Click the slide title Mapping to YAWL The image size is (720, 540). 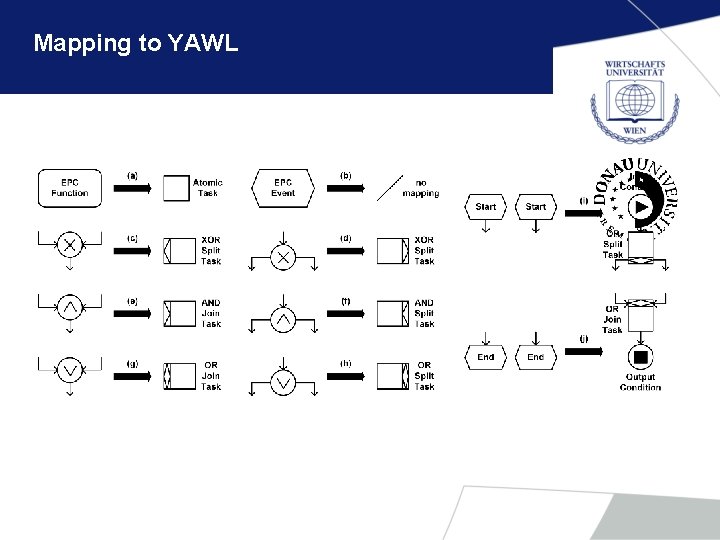pos(135,43)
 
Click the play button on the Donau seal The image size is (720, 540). pos(640,208)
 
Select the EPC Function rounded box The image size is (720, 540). pos(70,187)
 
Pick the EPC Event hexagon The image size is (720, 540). pos(283,187)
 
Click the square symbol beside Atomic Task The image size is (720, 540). pos(176,188)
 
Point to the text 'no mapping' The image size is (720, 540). pos(420,188)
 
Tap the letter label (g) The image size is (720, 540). pos(132,362)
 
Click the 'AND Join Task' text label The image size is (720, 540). pos(211,313)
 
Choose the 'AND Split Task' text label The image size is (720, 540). pos(424,313)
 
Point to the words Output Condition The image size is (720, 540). pos(640,382)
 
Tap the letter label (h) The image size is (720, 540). pos(345,362)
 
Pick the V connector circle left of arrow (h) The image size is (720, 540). pos(283,382)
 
